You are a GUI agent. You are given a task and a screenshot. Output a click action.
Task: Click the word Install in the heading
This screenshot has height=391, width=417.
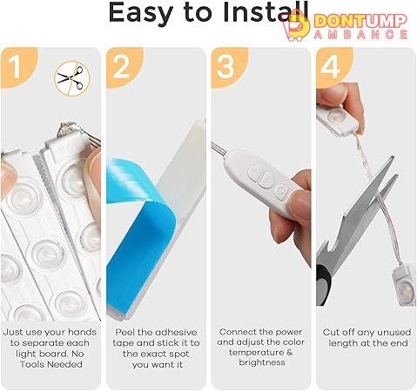[x=266, y=12]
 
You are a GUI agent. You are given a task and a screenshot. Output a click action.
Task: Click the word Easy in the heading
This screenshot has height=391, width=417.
[x=141, y=14]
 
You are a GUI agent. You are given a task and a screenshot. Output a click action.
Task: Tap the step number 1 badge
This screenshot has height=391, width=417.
[x=17, y=67]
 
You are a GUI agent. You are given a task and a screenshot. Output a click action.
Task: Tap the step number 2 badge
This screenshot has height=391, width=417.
[x=123, y=67]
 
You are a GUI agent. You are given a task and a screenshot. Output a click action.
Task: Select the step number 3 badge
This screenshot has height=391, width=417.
[x=228, y=67]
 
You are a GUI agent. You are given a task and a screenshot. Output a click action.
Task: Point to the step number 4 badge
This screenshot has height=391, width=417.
[x=333, y=67]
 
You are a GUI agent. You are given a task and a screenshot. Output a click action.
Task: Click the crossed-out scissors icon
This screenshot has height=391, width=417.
[x=71, y=79]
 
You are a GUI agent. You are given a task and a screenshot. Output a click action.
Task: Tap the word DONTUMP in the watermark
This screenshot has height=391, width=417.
[x=360, y=21]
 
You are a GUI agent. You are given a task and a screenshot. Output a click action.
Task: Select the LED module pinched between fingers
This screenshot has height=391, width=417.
[x=338, y=119]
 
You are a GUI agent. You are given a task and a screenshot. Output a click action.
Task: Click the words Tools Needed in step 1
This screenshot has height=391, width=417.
[x=51, y=364]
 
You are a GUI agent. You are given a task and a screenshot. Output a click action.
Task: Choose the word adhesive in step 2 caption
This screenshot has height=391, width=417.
[x=176, y=332]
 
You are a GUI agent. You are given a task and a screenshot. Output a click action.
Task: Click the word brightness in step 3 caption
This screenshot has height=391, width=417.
[x=262, y=362]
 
